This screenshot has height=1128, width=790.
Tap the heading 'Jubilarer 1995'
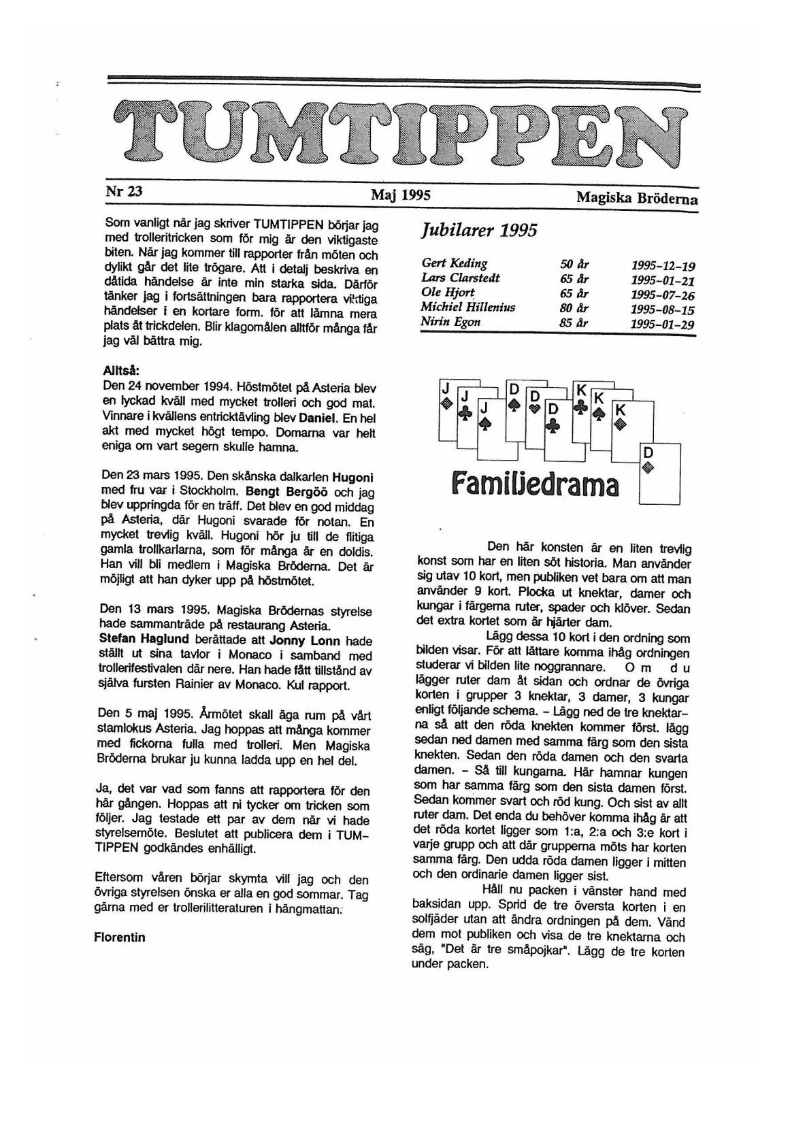479,230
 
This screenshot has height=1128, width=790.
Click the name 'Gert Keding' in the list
454,263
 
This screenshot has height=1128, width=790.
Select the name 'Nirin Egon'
450,322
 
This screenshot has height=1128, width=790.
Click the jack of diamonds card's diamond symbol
446,403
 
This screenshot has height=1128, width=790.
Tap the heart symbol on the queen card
535,409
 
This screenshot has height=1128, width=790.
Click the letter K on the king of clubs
581,390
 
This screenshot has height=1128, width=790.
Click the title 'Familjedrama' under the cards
535,486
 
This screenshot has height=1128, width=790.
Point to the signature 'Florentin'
120,937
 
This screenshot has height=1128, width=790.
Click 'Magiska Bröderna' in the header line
636,198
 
